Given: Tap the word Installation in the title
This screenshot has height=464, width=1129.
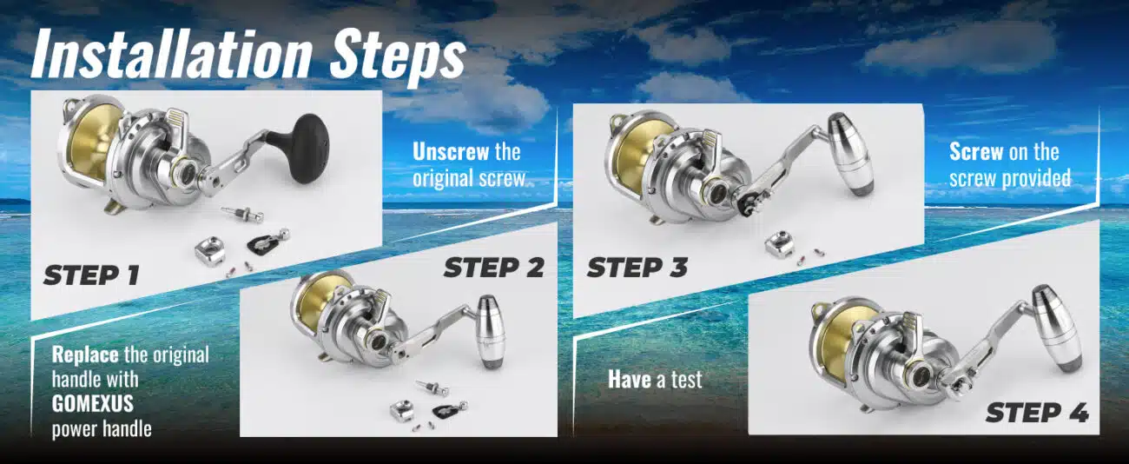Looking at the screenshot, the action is coord(172,54).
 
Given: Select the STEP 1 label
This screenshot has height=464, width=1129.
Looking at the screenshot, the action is coord(91,275).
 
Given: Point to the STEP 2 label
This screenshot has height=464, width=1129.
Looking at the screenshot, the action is coord(494,268).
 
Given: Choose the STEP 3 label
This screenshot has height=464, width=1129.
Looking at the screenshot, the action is coord(637,268).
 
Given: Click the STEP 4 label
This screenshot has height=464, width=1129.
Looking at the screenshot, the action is coord(1037,413).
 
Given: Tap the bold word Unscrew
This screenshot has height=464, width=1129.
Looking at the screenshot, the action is coord(451,151).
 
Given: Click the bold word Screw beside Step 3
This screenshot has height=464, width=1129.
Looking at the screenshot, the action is coord(976,151).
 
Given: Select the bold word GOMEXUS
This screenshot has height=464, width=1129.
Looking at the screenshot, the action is coord(93,404).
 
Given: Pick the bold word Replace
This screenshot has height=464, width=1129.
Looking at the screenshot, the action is coord(85,355).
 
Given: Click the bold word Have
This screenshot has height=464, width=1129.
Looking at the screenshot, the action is coord(629,379).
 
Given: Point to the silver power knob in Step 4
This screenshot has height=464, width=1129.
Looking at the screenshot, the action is coord(1056,328).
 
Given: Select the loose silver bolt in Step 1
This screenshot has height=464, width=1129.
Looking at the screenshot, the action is coord(243,214).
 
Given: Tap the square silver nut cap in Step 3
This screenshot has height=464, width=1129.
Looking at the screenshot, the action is coord(780,245).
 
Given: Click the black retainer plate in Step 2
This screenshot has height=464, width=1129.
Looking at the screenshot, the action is coord(449,412).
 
